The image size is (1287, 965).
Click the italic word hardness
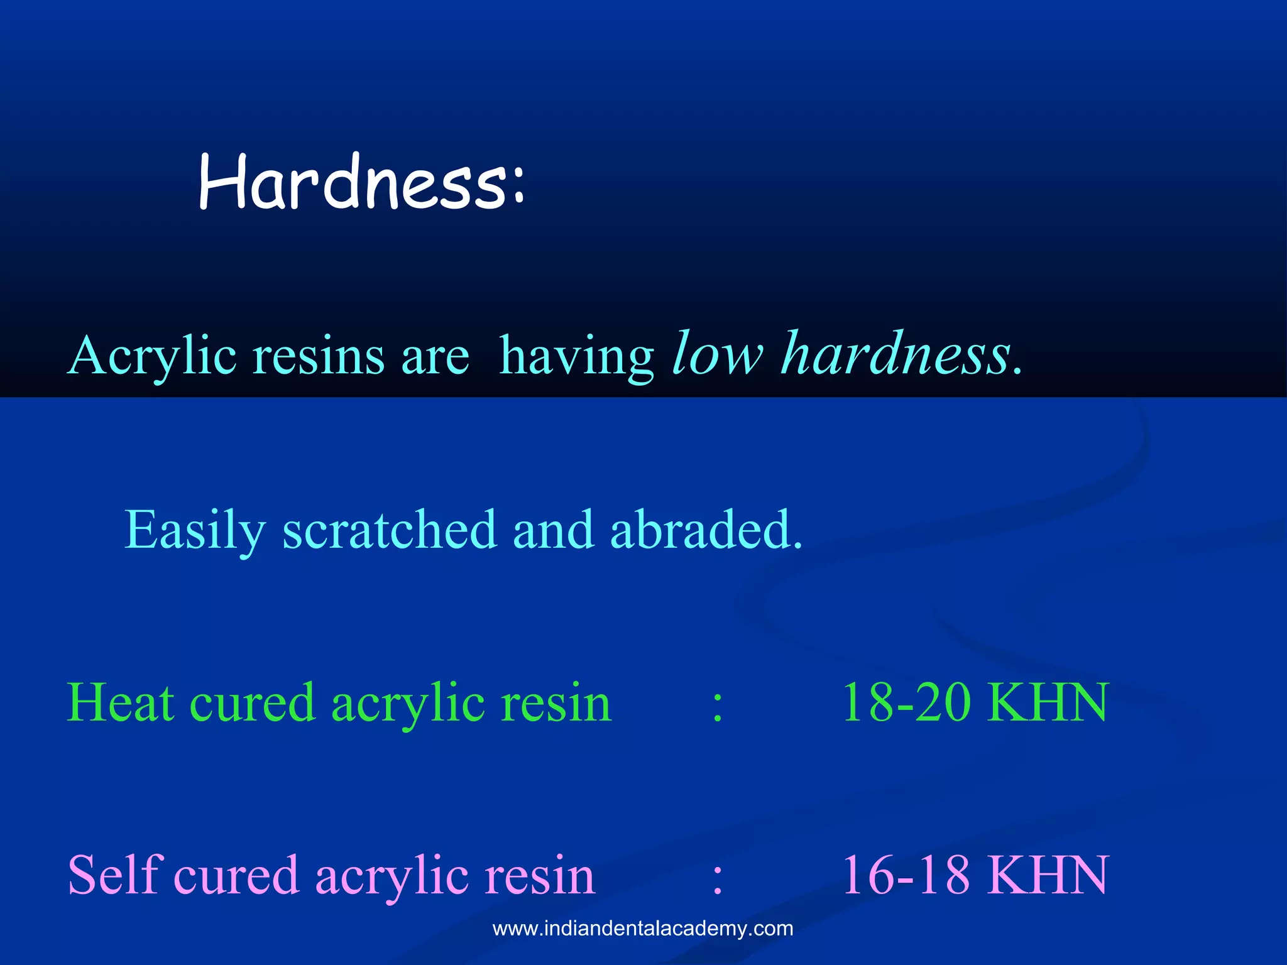point(895,355)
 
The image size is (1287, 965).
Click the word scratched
point(390,530)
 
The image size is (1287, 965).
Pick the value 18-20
point(906,703)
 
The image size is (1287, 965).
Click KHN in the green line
point(1048,703)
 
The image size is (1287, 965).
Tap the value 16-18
point(906,876)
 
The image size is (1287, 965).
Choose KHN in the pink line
point(1048,876)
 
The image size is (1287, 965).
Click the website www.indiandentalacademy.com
point(643,929)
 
